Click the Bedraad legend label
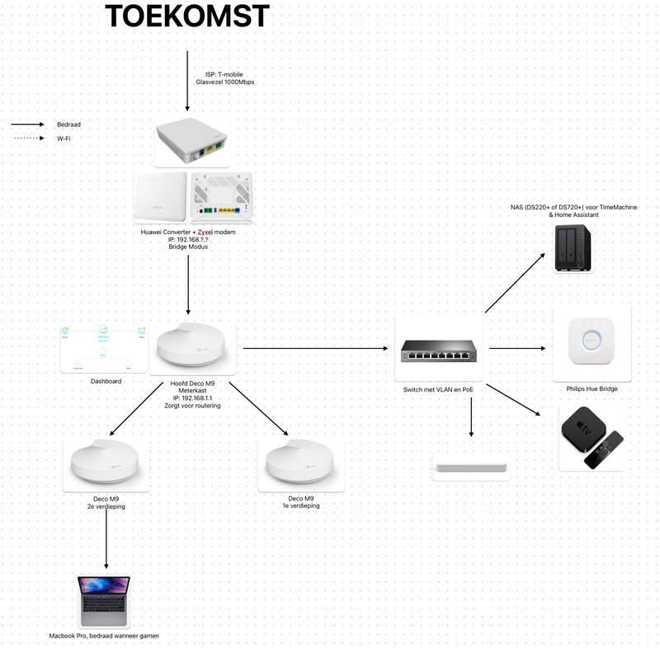[68, 125]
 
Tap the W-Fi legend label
[64, 139]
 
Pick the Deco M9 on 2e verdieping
[106, 465]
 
